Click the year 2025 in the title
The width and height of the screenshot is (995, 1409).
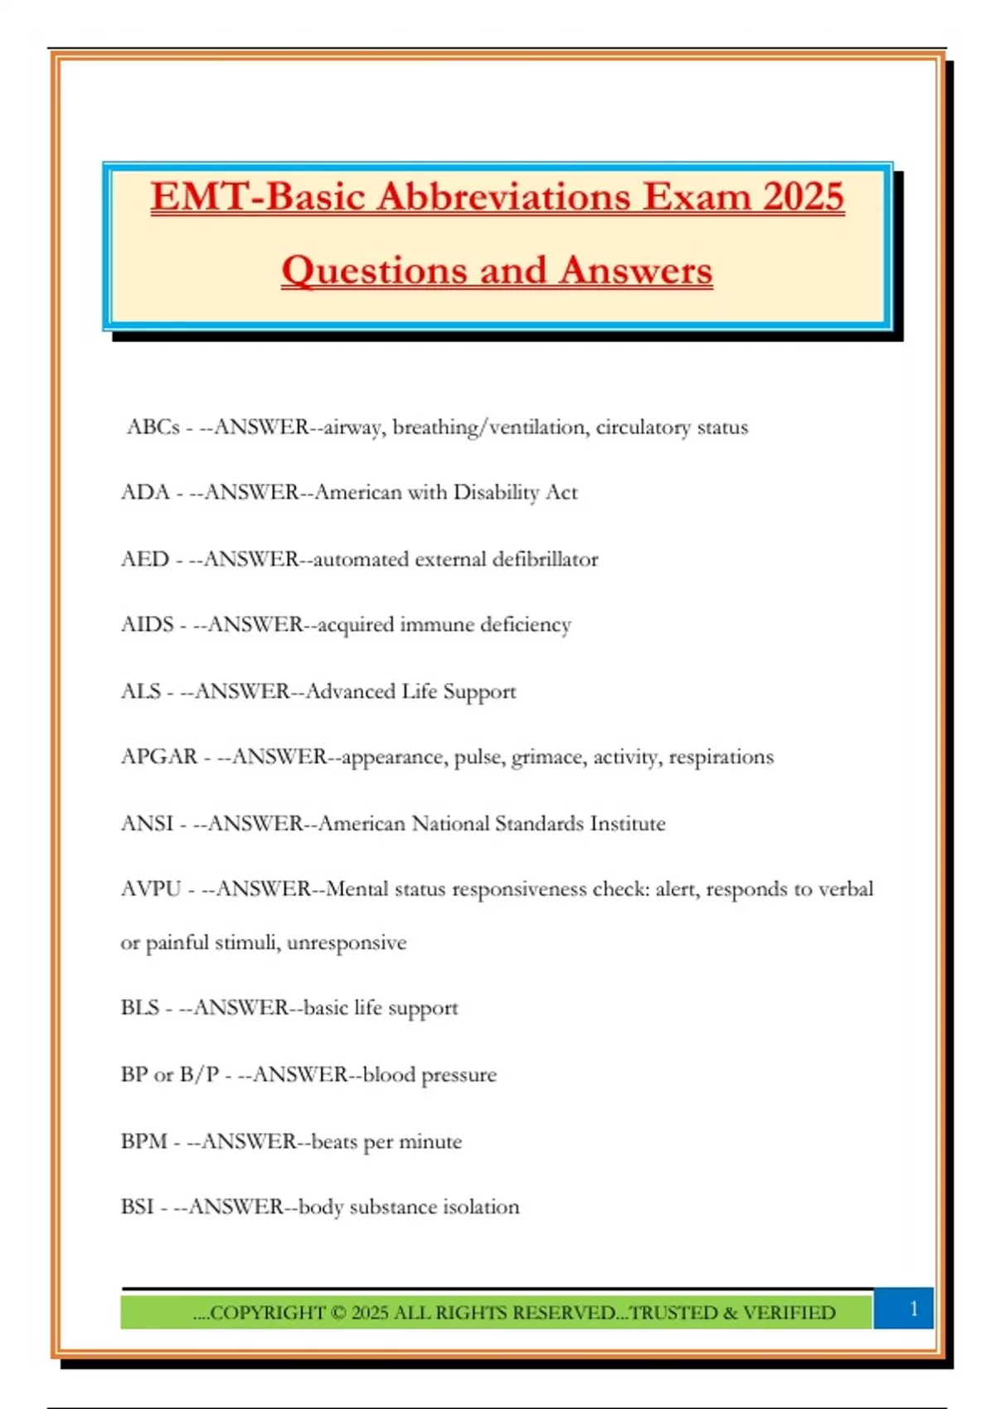803,197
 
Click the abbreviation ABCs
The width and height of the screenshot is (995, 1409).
153,427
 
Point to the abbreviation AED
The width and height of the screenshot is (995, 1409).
145,559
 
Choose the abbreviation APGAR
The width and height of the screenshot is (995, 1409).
159,757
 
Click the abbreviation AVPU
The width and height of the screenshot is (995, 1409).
151,889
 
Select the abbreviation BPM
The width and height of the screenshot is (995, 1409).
144,1141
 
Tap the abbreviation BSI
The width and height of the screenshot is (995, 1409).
138,1207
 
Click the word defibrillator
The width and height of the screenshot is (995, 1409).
545,559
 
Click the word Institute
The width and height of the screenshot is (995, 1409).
627,824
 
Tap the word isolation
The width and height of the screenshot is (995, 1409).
481,1207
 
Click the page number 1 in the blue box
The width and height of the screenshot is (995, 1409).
914,1309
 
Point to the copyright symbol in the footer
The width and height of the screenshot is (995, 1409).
338,1313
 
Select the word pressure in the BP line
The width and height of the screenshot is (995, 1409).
459,1076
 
